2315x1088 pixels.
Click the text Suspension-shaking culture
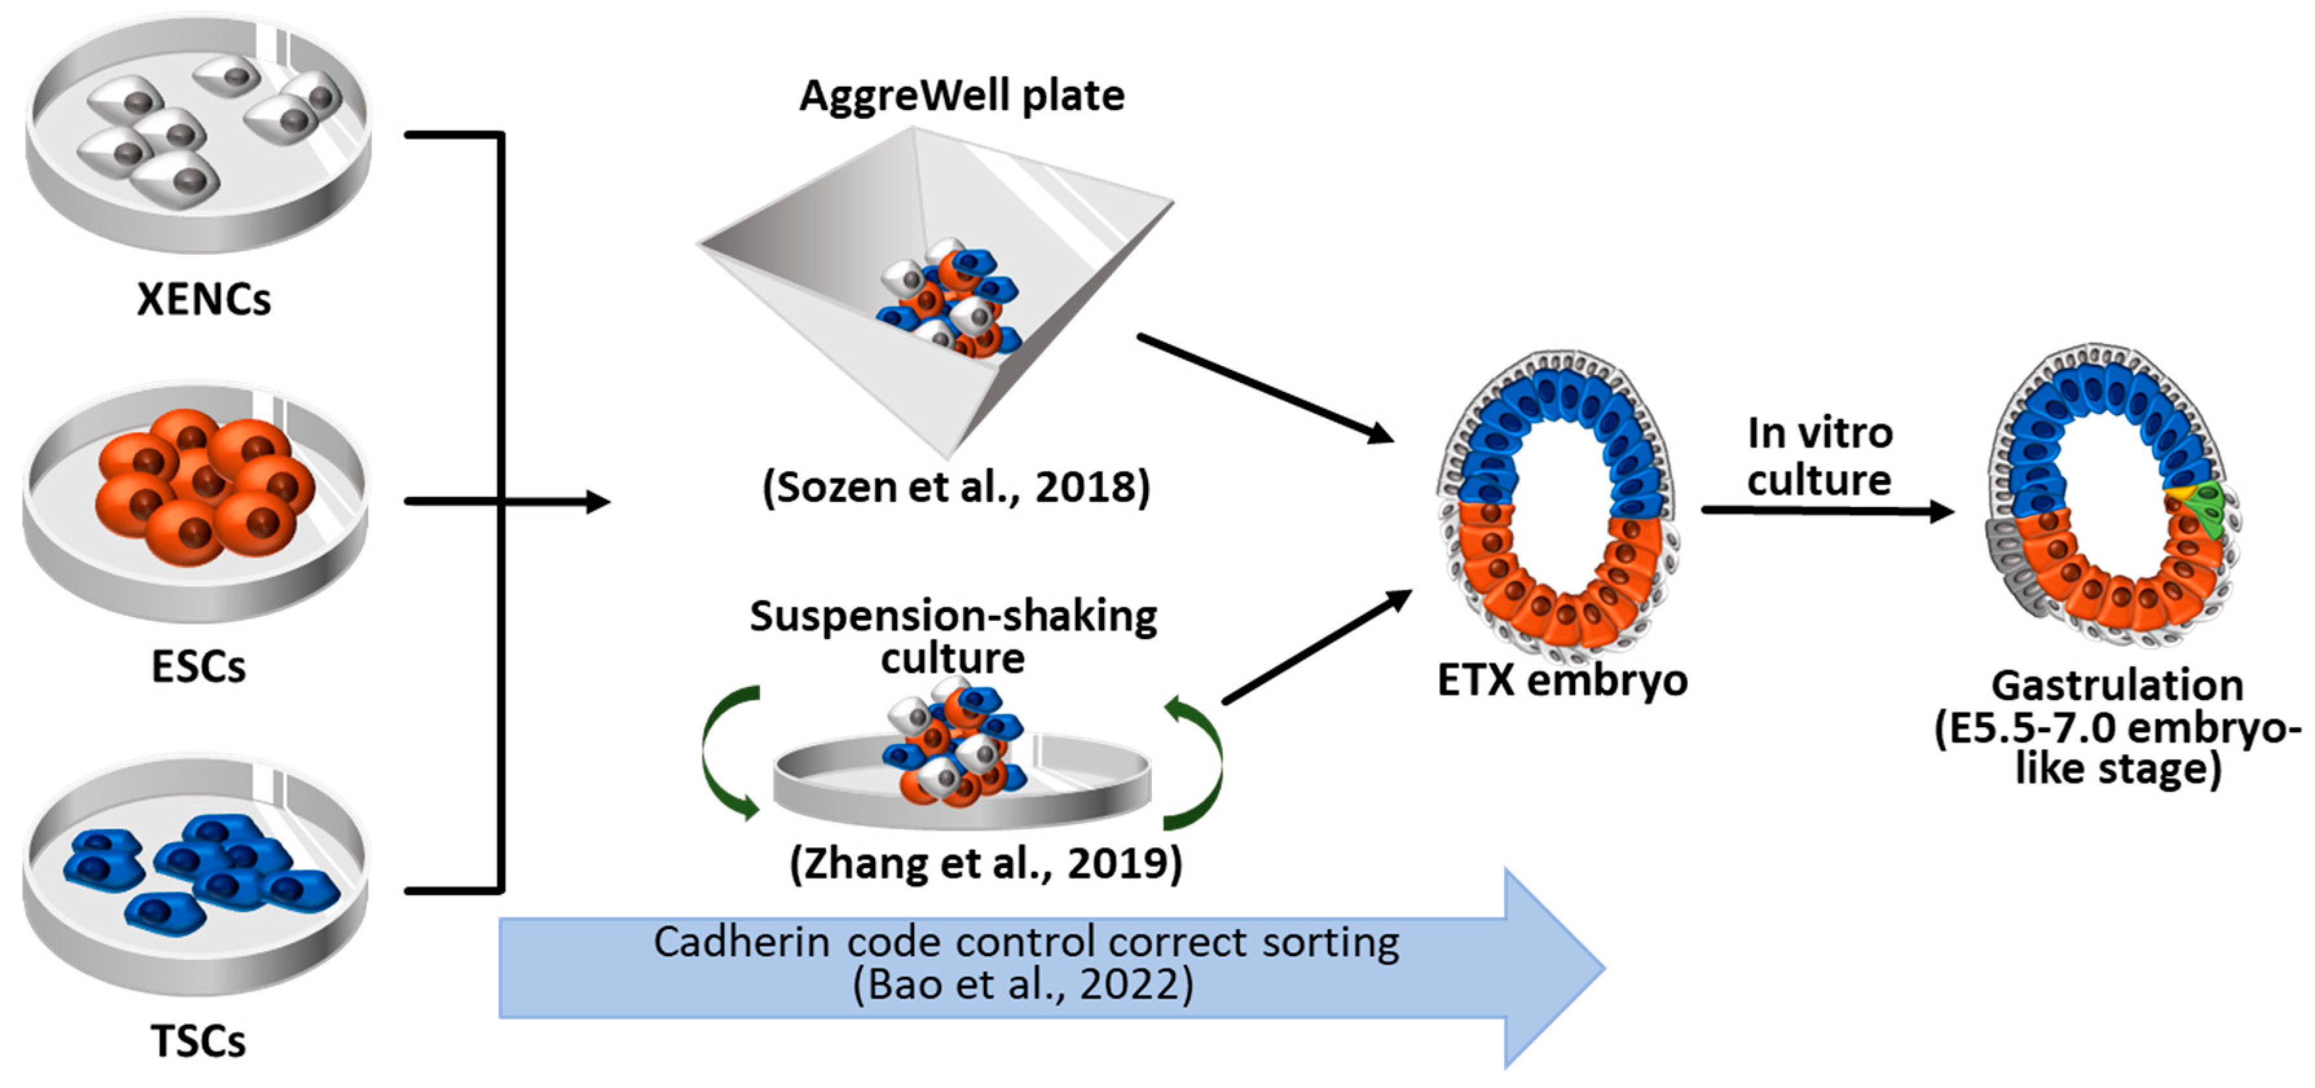[x=953, y=636]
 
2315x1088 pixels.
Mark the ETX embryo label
[x=1562, y=679]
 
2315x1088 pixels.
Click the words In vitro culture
[x=1820, y=457]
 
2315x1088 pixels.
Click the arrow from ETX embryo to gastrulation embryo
[x=1824, y=510]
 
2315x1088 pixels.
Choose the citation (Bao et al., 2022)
[x=1023, y=985]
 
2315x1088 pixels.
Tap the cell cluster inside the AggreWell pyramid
[x=948, y=296]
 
